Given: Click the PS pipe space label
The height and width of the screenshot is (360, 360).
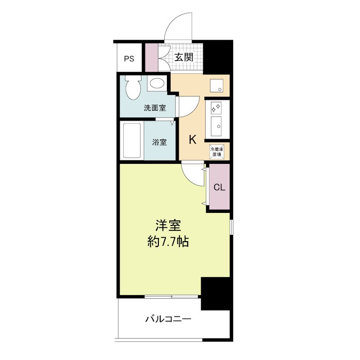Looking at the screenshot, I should (x=129, y=58).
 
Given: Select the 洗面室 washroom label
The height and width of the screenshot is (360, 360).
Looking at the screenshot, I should (x=155, y=108).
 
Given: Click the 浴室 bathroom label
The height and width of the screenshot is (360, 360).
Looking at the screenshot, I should (x=159, y=142).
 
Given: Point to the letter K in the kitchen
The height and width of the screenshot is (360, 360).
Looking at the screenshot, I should (x=192, y=140).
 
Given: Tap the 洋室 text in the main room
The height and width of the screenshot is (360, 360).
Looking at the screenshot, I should (x=168, y=225).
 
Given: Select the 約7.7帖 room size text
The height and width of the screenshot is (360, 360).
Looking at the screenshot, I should (x=168, y=242).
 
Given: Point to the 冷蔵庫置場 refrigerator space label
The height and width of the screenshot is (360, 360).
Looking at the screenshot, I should (x=216, y=151).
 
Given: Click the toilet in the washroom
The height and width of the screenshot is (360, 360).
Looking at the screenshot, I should (x=133, y=88).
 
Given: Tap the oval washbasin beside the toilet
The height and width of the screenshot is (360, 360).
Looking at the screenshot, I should (x=156, y=83).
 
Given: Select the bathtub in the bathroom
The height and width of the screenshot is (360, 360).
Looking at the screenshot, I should (x=133, y=140).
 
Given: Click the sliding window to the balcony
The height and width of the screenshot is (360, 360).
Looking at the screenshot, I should (x=171, y=297).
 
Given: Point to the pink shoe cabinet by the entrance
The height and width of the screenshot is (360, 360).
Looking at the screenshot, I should (x=152, y=57).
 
